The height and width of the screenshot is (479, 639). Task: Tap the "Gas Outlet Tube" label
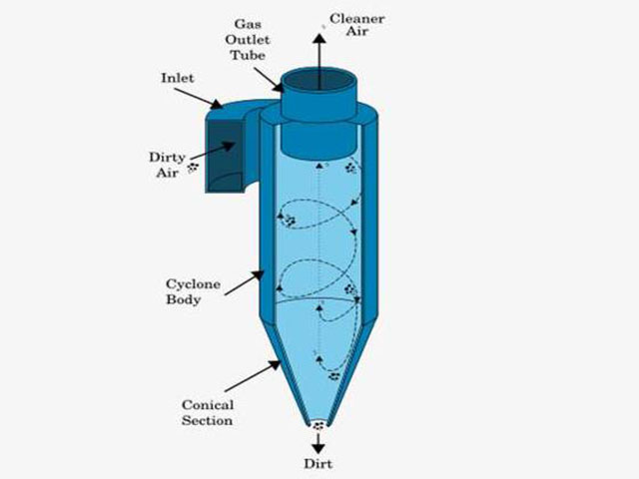pyautogui.click(x=249, y=37)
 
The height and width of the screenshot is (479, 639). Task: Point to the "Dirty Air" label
pyautogui.click(x=165, y=164)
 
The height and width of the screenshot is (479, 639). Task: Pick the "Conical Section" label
pyautogui.click(x=208, y=412)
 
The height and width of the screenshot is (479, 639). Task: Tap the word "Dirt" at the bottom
pyautogui.click(x=319, y=464)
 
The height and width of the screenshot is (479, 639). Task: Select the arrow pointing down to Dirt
pyautogui.click(x=319, y=442)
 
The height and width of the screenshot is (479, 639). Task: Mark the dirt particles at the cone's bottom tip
pyautogui.click(x=319, y=424)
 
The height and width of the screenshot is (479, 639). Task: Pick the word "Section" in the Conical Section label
pyautogui.click(x=208, y=420)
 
